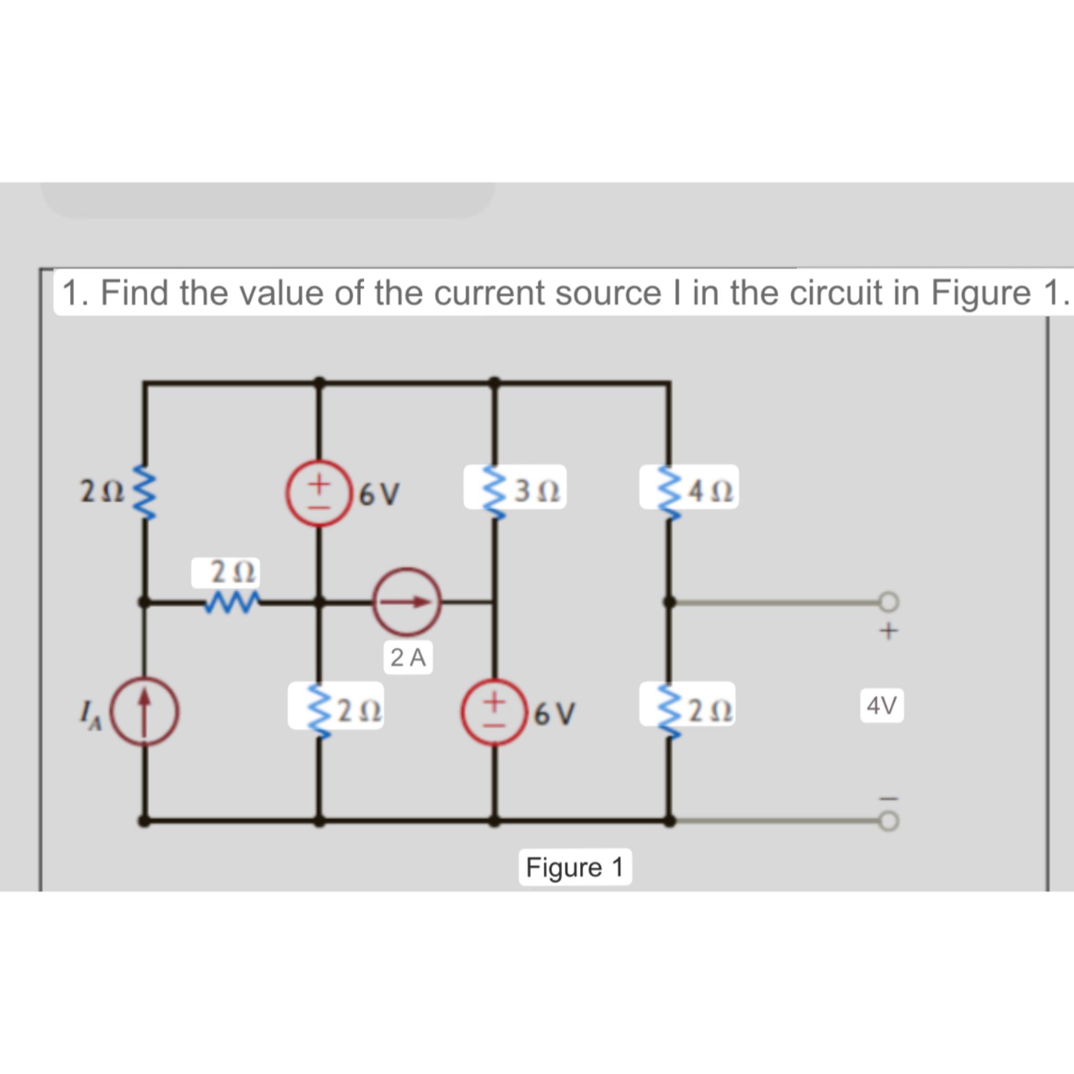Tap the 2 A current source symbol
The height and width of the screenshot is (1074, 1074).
pos(407,602)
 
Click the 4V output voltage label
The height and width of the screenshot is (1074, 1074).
pos(882,706)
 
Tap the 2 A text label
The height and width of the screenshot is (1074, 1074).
pos(408,658)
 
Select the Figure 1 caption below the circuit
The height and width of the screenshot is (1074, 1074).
pos(575,867)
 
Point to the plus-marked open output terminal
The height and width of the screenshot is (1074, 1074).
pos(888,602)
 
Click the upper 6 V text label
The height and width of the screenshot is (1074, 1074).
pos(380,493)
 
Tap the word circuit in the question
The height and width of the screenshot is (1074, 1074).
pos(836,293)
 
